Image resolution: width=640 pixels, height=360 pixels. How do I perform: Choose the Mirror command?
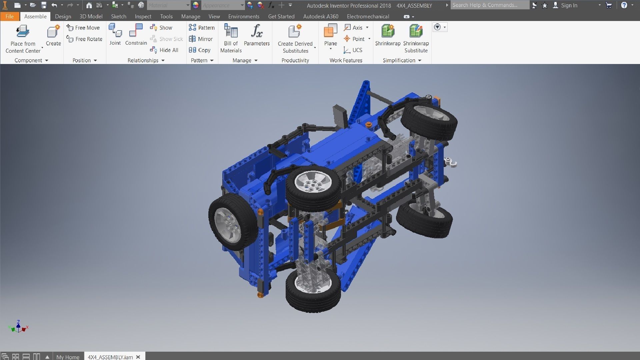pyautogui.click(x=201, y=39)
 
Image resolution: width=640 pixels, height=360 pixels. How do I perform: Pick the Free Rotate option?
pyautogui.click(x=85, y=39)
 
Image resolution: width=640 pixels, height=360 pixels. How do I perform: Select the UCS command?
pyautogui.click(x=353, y=50)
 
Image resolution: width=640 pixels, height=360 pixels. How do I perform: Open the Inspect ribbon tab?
pyautogui.click(x=143, y=16)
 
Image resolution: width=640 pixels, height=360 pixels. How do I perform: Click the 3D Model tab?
pyautogui.click(x=91, y=16)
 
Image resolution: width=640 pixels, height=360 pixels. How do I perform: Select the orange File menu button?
pyautogui.click(x=9, y=16)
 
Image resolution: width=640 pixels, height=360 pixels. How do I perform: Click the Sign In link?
pyautogui.click(x=569, y=5)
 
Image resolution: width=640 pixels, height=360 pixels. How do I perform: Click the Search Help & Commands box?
pyautogui.click(x=489, y=5)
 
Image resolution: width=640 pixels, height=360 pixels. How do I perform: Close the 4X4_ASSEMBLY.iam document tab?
pyautogui.click(x=138, y=357)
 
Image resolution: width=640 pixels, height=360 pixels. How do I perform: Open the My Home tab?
pyautogui.click(x=68, y=357)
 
